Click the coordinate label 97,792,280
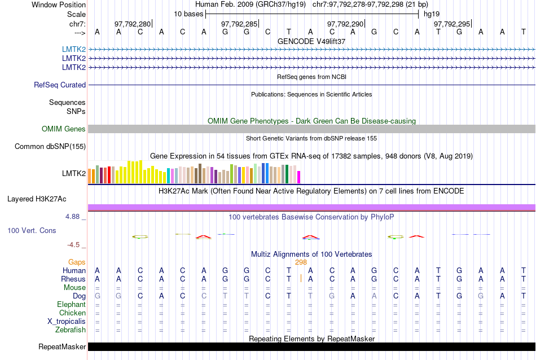(x=133, y=24)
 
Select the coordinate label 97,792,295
(x=451, y=24)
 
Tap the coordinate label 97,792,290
(x=345, y=24)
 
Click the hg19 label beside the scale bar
(x=432, y=14)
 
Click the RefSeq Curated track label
(x=60, y=85)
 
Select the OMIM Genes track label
(x=64, y=129)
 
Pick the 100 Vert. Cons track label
(x=32, y=230)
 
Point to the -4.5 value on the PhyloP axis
(x=76, y=245)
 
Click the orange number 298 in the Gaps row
(x=301, y=262)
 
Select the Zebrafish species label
(x=71, y=330)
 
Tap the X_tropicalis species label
(x=67, y=322)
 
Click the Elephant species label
(x=71, y=305)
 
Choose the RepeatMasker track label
(x=62, y=346)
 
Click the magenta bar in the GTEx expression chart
(x=299, y=177)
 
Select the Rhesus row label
(x=73, y=279)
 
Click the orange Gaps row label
(x=77, y=262)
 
